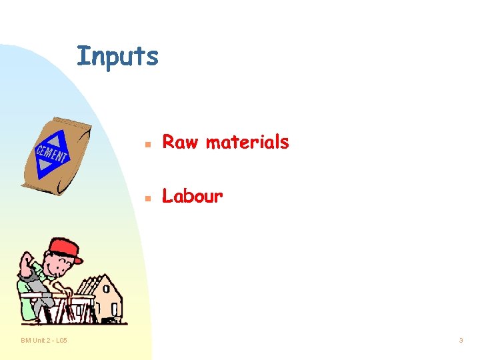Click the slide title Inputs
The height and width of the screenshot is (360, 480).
click(x=118, y=57)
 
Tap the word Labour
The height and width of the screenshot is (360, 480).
click(x=193, y=197)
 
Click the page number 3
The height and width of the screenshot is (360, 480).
click(x=461, y=341)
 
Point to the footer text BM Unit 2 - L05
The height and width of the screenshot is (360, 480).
click(x=43, y=341)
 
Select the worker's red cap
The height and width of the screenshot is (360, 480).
click(x=63, y=249)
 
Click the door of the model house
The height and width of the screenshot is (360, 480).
click(x=114, y=311)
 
